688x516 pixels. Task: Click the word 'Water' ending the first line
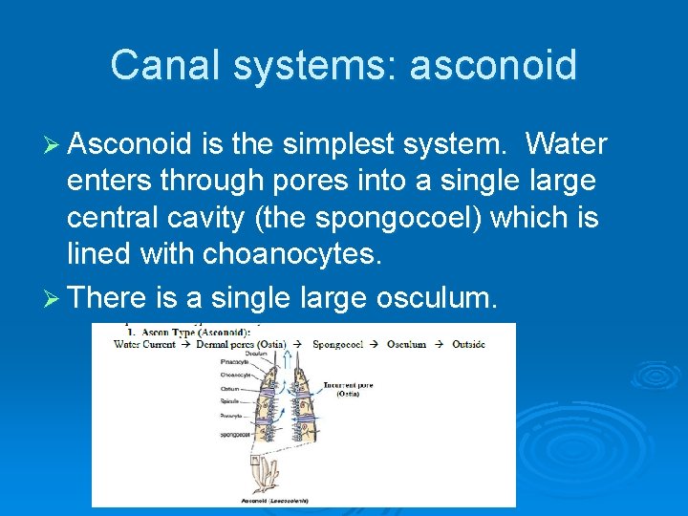[x=566, y=144]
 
